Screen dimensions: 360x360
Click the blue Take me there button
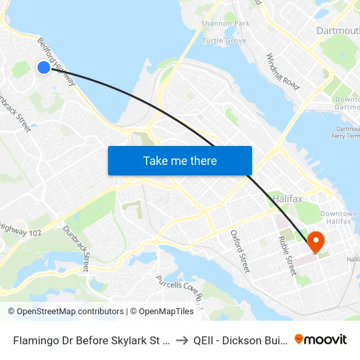[179, 160]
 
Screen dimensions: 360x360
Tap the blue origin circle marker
[44, 67]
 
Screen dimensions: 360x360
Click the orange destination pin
[315, 242]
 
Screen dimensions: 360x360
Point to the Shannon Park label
[225, 24]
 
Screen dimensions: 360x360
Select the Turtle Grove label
[224, 41]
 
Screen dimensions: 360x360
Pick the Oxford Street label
[240, 251]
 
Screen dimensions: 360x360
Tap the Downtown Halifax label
[339, 219]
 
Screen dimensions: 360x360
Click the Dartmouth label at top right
[338, 31]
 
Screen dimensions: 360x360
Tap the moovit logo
[321, 339]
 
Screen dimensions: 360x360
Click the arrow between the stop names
[182, 340]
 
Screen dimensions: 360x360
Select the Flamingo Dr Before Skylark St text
[92, 340]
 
